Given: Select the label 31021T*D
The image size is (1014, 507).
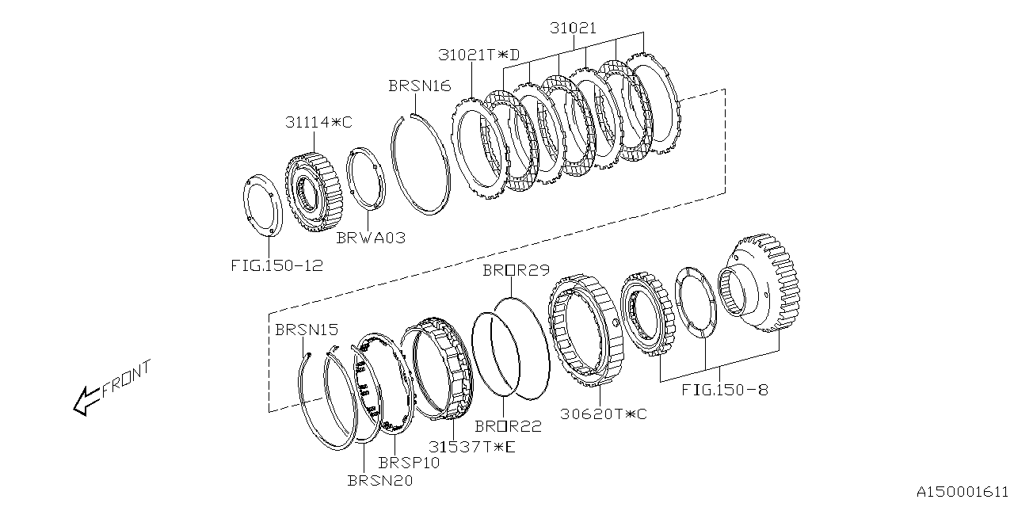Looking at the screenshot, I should (x=480, y=55).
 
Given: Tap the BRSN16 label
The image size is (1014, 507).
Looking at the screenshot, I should (x=420, y=86).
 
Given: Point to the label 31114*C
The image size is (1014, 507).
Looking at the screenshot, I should (x=319, y=123).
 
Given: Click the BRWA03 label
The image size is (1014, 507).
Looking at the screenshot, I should (x=372, y=237).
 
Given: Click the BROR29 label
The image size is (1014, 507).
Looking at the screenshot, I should (x=516, y=270).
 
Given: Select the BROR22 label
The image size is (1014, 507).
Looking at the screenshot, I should (x=508, y=426).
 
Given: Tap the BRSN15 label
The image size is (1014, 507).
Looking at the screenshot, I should (x=307, y=329).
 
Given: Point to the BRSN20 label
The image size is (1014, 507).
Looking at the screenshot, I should (x=380, y=479).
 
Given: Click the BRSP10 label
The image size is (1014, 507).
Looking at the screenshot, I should (x=410, y=462).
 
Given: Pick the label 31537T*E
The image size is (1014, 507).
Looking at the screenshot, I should (x=472, y=447).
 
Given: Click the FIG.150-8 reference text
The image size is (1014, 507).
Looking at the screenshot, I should (x=724, y=390).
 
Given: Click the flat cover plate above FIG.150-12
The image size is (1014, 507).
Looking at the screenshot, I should (x=261, y=204).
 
